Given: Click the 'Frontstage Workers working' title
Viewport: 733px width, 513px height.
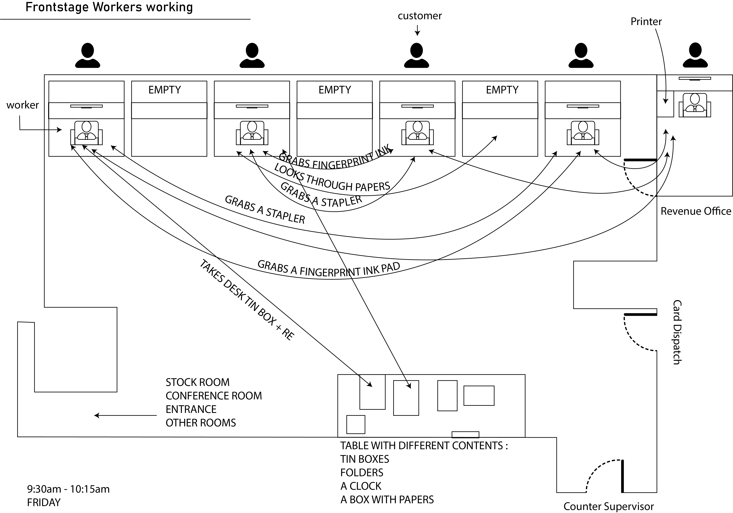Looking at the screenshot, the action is (109, 7).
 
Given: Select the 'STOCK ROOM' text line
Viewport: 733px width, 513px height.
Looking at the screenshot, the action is (198, 382).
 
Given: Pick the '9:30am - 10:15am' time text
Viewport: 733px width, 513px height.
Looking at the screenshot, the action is (68, 489).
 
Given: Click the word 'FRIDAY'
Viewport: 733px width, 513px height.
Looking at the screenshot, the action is (44, 502).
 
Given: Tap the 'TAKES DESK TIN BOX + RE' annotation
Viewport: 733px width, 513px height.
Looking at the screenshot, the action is (247, 300).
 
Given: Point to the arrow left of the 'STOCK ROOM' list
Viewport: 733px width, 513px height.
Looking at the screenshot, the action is (125, 415).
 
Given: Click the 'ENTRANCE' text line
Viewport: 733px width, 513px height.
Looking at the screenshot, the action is (191, 409).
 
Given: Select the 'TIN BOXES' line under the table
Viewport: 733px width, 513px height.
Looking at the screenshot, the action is (365, 459).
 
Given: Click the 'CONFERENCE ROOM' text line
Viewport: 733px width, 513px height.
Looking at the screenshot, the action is (214, 396).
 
